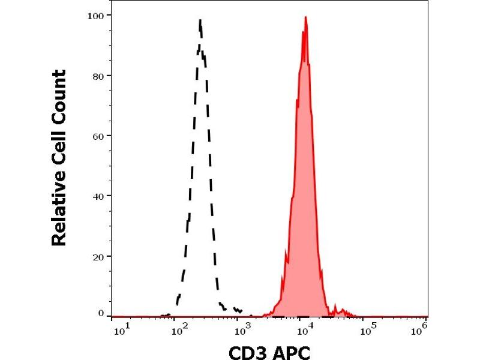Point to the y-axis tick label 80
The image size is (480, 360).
(98, 76)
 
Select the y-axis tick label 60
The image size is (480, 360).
(98, 136)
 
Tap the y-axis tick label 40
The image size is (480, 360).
(98, 196)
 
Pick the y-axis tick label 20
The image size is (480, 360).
(98, 256)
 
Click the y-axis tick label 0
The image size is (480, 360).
(101, 313)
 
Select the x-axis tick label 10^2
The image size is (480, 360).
(178, 329)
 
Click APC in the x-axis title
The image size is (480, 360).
(291, 352)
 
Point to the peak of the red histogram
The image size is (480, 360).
(305, 17)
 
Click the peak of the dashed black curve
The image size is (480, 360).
(200, 21)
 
